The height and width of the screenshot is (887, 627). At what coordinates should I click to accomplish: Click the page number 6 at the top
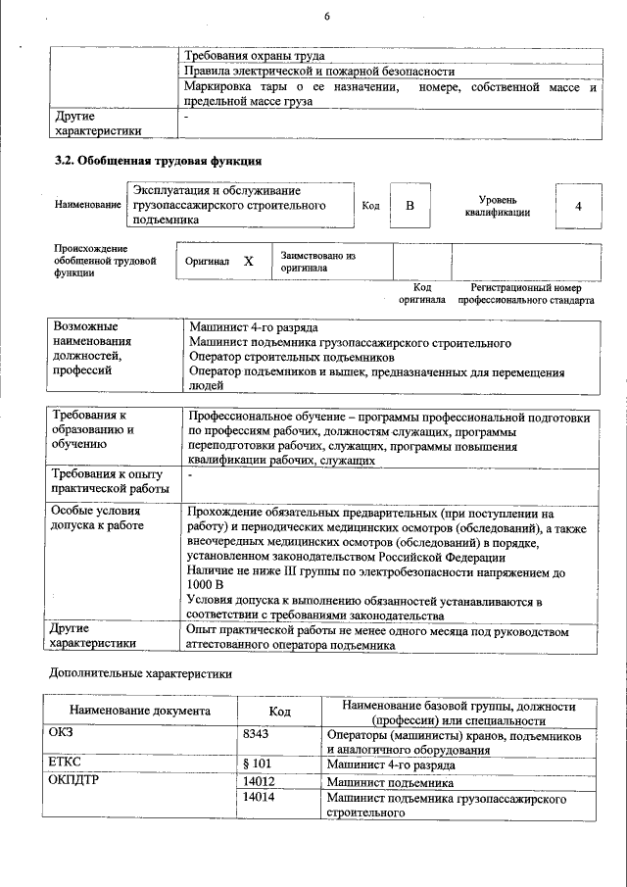(327, 17)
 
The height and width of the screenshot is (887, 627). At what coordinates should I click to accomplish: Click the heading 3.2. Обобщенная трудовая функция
(158, 161)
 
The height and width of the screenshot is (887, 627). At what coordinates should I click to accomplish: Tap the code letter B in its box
(410, 206)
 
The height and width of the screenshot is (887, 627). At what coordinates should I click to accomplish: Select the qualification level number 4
(578, 206)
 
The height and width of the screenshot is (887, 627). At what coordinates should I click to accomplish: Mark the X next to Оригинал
(248, 262)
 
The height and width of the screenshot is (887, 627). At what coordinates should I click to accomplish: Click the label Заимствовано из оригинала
(317, 261)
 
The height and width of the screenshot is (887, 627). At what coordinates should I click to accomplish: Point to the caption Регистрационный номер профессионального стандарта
(525, 294)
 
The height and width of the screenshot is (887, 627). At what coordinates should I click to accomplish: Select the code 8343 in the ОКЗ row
(256, 734)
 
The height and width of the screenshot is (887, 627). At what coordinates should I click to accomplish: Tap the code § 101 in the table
(257, 764)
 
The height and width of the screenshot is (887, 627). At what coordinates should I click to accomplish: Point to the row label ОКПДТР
(74, 782)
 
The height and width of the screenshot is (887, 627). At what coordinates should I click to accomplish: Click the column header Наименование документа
(139, 712)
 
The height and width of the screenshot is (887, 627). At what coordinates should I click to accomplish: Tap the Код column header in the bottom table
(279, 712)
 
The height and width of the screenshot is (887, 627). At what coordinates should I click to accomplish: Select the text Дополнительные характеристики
(140, 674)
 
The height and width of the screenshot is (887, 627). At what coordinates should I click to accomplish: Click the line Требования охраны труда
(255, 56)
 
